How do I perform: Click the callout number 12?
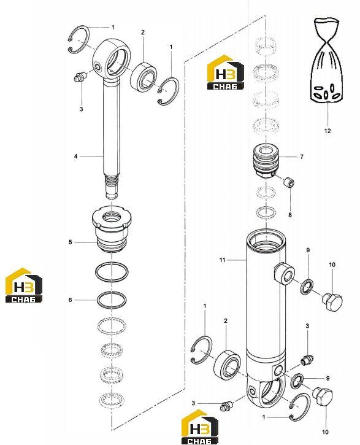tap(327, 131)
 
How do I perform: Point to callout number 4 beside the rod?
tap(75, 157)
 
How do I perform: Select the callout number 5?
tap(71, 242)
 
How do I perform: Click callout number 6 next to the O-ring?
tap(71, 300)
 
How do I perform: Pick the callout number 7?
tap(302, 157)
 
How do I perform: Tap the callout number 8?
tap(290, 215)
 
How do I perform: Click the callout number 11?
tap(222, 260)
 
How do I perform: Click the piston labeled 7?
tap(266, 161)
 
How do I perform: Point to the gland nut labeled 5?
tap(112, 230)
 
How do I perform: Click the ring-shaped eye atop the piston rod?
tap(112, 59)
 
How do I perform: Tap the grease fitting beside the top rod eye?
tap(79, 77)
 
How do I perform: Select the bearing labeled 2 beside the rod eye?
tap(144, 76)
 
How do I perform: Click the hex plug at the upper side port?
tap(332, 302)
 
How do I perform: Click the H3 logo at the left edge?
tap(24, 285)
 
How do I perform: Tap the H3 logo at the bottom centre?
tap(199, 427)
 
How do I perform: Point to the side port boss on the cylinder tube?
tap(285, 273)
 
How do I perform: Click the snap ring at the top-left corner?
tap(79, 39)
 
